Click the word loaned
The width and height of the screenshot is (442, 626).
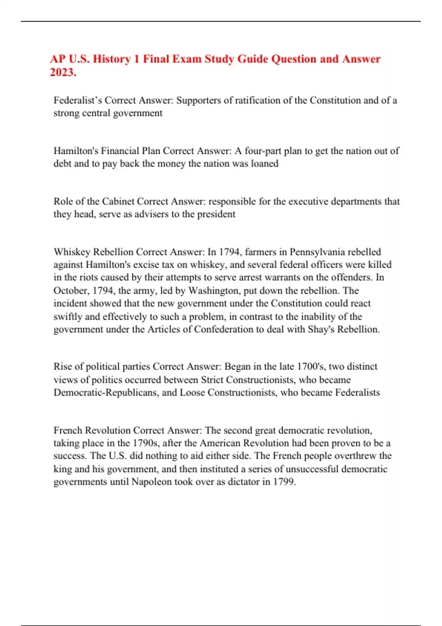264,163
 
